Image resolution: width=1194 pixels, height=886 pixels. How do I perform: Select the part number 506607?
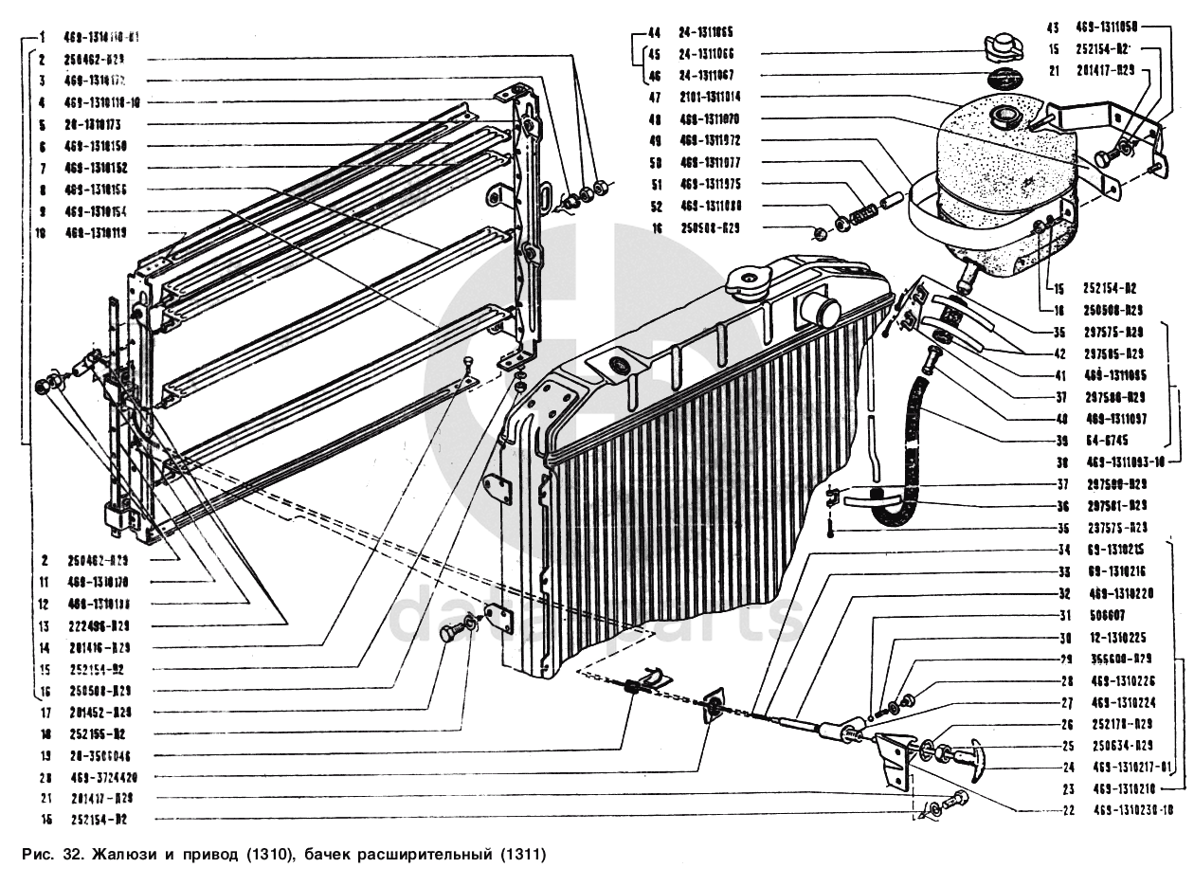coord(1106,615)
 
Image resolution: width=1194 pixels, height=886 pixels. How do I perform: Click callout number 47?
coord(655,97)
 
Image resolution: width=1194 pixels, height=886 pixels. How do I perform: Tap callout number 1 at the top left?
coord(44,38)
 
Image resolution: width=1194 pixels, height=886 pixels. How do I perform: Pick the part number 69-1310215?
coord(1115,550)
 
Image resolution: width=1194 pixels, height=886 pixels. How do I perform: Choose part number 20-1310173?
coord(105,124)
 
